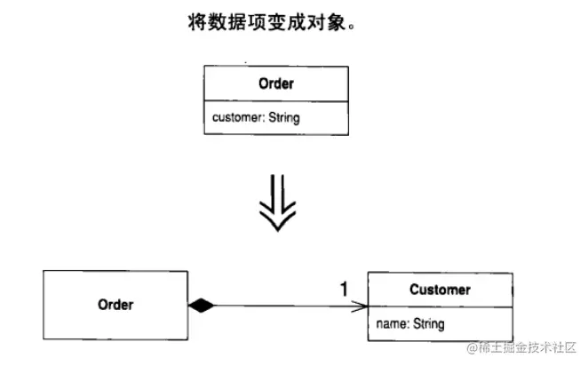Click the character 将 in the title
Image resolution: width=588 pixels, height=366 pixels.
197,21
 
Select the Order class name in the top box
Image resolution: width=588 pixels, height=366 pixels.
276,84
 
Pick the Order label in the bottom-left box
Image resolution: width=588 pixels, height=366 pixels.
115,305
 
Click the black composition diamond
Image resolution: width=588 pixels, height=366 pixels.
202,306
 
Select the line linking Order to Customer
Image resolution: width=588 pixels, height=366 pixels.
284,306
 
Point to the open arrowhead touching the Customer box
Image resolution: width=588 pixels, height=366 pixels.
360,306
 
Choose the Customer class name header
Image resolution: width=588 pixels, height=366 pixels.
440,290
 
